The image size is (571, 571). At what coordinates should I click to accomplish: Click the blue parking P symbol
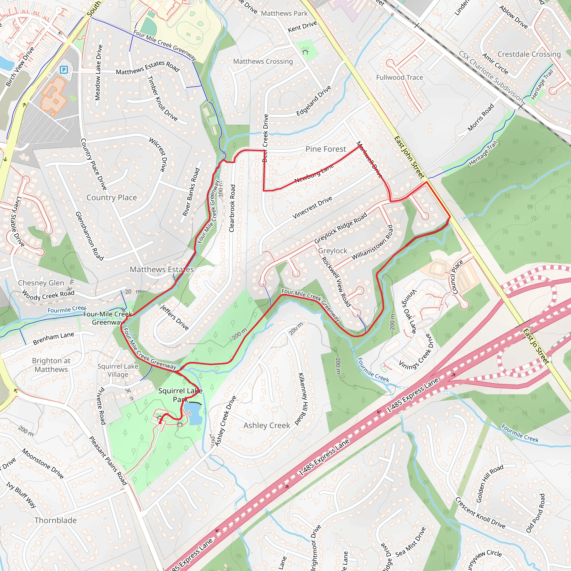pyautogui.click(x=64, y=70)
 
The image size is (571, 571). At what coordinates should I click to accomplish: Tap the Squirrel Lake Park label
pyautogui.click(x=180, y=395)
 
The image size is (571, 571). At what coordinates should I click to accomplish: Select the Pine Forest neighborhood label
pyautogui.click(x=325, y=149)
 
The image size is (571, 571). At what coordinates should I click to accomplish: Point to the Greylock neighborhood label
pyautogui.click(x=333, y=251)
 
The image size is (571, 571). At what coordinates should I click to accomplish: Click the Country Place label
pyautogui.click(x=112, y=197)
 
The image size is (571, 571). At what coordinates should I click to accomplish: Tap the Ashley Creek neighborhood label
pyautogui.click(x=267, y=425)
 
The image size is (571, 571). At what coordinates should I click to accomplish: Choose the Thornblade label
pyautogui.click(x=55, y=520)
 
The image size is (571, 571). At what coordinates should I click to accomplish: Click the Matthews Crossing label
pyautogui.click(x=263, y=61)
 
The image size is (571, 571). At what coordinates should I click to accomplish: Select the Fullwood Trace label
pyautogui.click(x=399, y=78)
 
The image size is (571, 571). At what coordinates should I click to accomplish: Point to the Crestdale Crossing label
pyautogui.click(x=529, y=54)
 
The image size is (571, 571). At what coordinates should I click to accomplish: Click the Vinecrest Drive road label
pyautogui.click(x=312, y=208)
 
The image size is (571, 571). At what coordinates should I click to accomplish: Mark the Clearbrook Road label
pyautogui.click(x=232, y=208)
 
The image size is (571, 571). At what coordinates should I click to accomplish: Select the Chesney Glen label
pyautogui.click(x=41, y=283)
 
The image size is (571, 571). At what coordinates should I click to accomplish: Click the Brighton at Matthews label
pyautogui.click(x=51, y=365)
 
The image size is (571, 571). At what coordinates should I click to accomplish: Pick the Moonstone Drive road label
pyautogui.click(x=43, y=463)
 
